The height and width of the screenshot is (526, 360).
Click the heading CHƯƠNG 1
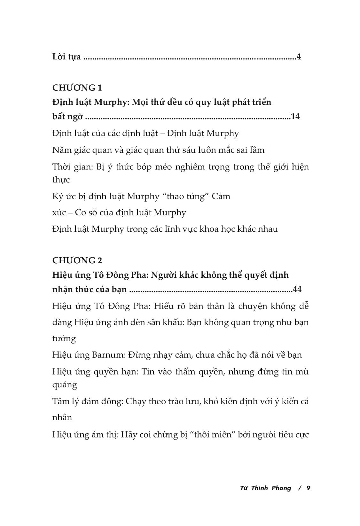(x=77, y=88)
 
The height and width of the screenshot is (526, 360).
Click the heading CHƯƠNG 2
(x=77, y=260)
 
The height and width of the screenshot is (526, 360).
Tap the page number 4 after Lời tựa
(x=299, y=57)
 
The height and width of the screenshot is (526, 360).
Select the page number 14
(x=295, y=117)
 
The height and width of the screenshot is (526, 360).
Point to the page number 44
(x=297, y=290)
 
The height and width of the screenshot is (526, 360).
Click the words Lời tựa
(x=67, y=58)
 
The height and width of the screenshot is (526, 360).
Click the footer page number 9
(x=308, y=488)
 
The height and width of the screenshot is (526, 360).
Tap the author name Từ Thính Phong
(x=265, y=488)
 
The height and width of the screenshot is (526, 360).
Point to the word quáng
(x=65, y=385)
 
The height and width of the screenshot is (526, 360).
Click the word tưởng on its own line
(x=64, y=338)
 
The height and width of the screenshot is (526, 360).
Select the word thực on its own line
(x=61, y=180)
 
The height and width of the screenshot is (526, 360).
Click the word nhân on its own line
(x=62, y=417)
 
